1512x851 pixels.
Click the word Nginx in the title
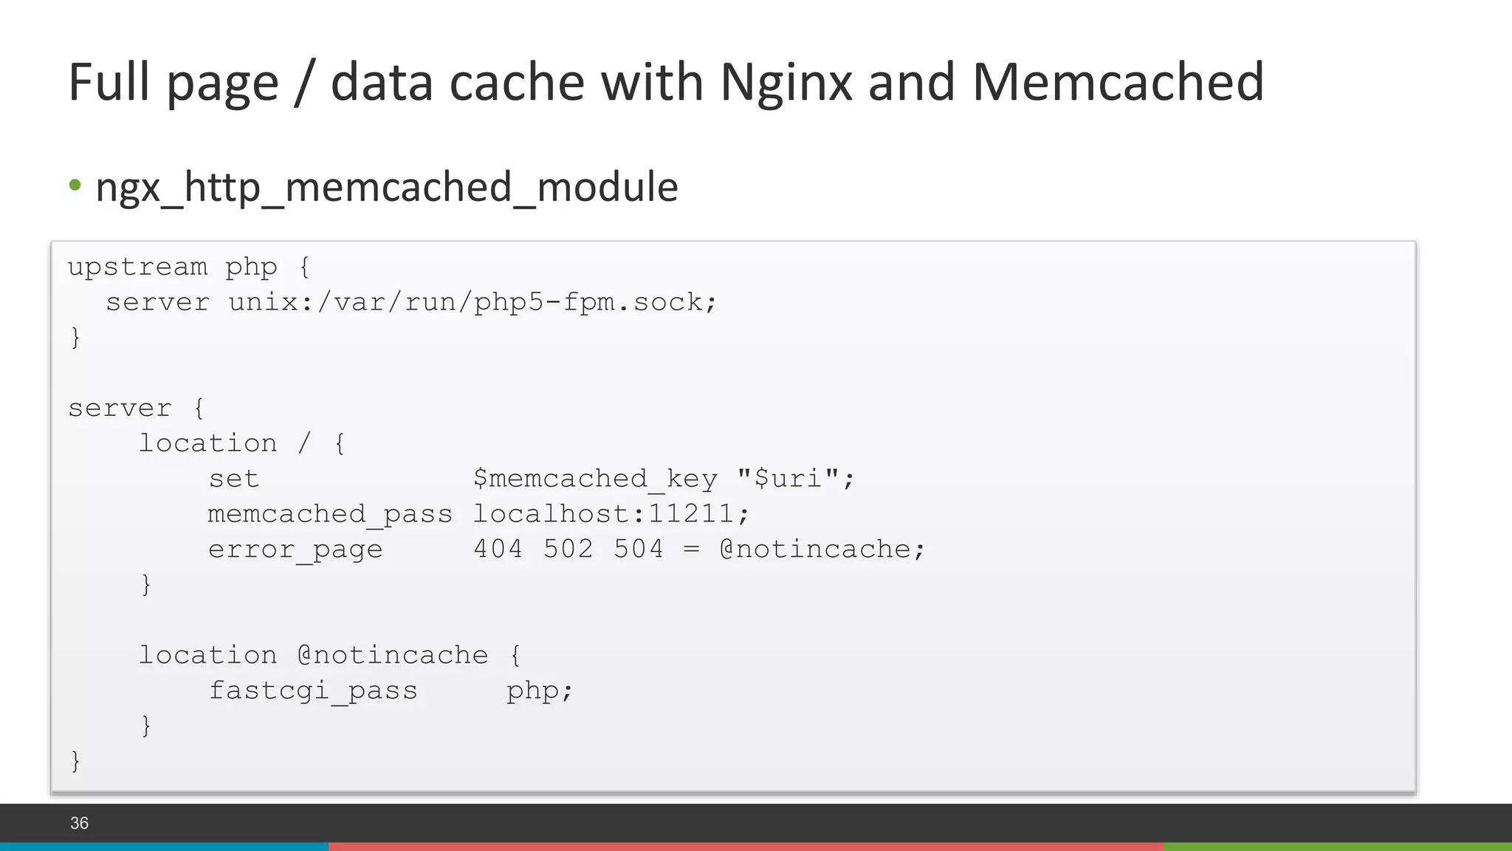point(786,83)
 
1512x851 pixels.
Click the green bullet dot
point(75,185)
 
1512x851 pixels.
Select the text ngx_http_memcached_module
point(387,186)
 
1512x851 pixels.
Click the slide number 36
point(79,823)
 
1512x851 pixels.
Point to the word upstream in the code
point(138,267)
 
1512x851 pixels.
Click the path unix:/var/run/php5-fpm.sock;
point(472,302)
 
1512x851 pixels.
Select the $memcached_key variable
point(595,479)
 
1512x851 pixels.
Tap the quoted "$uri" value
point(796,479)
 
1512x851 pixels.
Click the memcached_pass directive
point(329,514)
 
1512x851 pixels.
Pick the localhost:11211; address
point(611,514)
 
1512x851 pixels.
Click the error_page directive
point(295,550)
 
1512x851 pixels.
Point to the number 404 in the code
point(498,550)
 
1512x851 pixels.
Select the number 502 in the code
point(568,550)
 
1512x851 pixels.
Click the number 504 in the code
point(639,550)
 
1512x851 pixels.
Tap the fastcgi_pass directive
point(312,691)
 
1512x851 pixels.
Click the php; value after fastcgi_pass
point(540,691)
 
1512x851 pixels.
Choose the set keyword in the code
point(233,479)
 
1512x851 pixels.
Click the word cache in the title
point(517,83)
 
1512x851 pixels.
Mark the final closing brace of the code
point(75,760)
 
